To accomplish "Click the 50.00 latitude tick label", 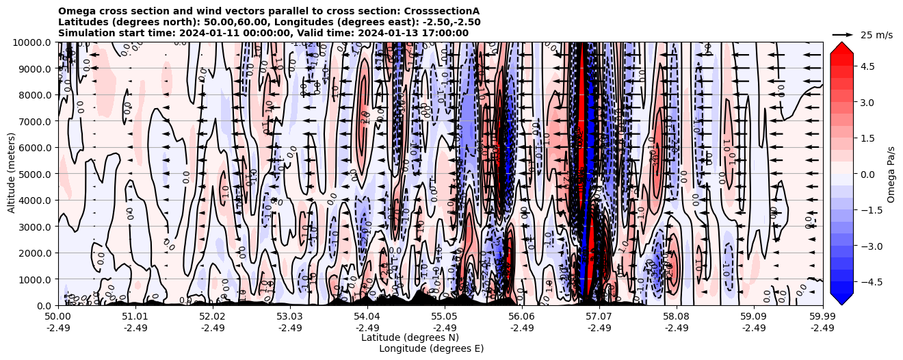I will [x=58, y=317].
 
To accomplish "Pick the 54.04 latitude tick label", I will [x=367, y=317].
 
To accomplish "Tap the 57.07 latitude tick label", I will [x=599, y=317].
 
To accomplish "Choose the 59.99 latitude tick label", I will [x=822, y=317].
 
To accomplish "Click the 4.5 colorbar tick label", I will [x=867, y=66].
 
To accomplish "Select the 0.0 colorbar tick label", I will [x=867, y=174].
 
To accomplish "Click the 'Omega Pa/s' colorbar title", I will [x=891, y=174].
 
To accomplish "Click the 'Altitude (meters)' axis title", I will [x=12, y=174].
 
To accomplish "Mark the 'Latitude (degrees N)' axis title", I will [x=410, y=337].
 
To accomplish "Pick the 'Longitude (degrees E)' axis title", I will [x=431, y=348].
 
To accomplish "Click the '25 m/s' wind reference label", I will [x=876, y=35].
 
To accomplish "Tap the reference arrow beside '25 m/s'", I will [x=843, y=34].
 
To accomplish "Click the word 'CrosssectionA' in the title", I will [x=441, y=11].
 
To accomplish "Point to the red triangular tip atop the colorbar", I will [x=841, y=47].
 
